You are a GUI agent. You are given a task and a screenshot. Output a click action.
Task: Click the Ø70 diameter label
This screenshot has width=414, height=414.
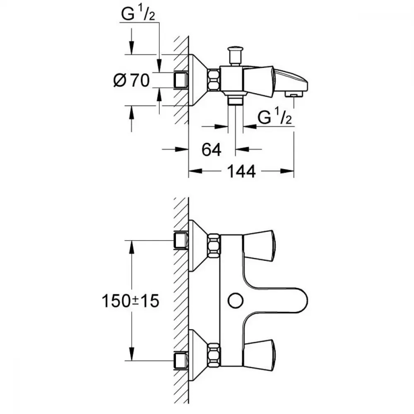coord(131,81)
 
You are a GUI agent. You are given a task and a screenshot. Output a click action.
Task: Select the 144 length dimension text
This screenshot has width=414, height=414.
coord(241,171)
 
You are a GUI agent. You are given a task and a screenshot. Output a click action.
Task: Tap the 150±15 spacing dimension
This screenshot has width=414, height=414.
coord(130,301)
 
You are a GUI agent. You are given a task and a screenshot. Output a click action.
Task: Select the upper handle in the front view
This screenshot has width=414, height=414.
coord(259,246)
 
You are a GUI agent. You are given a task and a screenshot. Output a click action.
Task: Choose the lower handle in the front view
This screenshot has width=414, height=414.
coord(259,353)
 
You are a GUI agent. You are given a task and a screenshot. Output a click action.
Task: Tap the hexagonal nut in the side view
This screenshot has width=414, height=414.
coord(213,80)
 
